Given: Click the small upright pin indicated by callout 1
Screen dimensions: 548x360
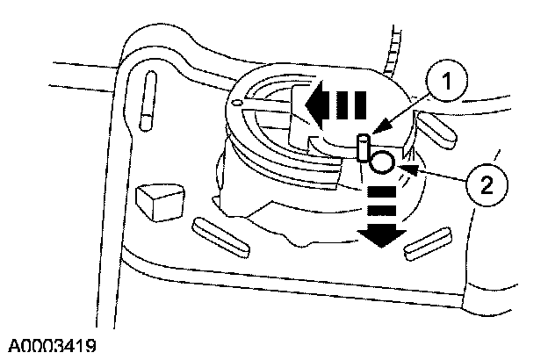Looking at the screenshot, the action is tap(362, 147).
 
